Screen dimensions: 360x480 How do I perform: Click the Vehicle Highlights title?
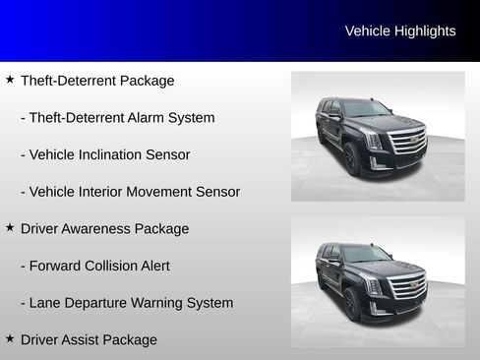click(x=400, y=31)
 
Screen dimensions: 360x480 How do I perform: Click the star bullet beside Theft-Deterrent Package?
click(x=10, y=80)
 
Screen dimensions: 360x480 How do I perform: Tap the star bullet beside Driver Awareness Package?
click(x=10, y=227)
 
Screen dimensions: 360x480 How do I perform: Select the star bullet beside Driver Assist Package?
click(x=10, y=338)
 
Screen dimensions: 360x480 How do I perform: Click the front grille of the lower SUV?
click(x=408, y=287)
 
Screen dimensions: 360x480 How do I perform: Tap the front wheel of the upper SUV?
click(x=352, y=158)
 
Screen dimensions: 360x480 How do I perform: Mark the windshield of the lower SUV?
click(x=365, y=255)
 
